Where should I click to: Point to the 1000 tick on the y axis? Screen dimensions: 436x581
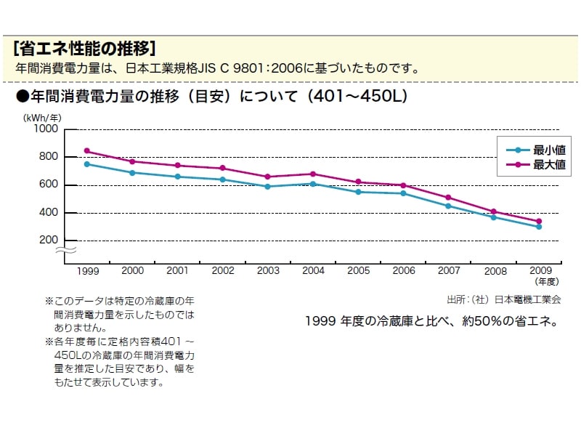(45, 129)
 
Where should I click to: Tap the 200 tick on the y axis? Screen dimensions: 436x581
(48, 241)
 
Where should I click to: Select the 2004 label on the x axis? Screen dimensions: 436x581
(313, 270)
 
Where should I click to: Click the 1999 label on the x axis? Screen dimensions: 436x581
(87, 270)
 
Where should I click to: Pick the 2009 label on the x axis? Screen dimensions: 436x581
(540, 270)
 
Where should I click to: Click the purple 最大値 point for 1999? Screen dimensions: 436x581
(87, 151)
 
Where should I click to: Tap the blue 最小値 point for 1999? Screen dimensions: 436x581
(87, 164)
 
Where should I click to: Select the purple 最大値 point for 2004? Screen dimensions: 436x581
(313, 174)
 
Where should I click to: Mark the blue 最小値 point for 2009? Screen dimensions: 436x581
(539, 227)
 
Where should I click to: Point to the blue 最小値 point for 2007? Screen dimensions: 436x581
(449, 206)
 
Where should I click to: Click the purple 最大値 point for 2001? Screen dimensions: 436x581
(177, 165)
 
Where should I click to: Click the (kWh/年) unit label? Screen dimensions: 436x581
(41, 117)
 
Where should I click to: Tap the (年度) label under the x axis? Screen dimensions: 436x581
(546, 280)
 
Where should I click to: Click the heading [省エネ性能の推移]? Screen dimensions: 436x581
(84, 49)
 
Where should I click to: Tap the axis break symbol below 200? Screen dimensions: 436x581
(66, 251)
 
